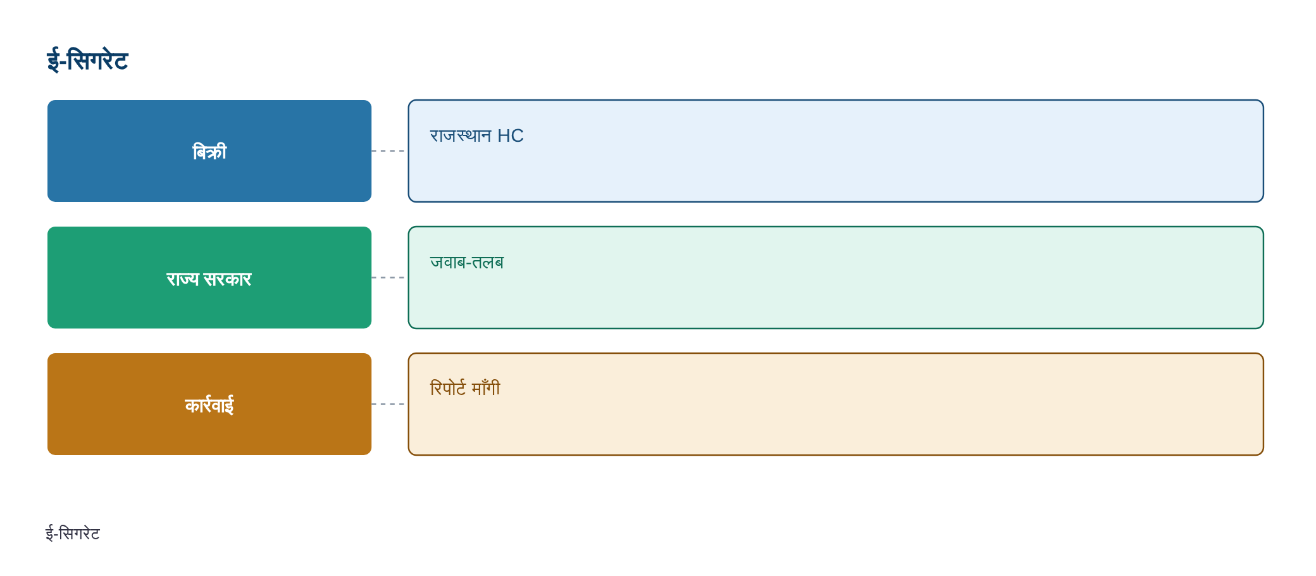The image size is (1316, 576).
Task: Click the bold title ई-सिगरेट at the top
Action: click(x=87, y=61)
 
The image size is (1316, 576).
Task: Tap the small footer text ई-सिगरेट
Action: click(x=73, y=534)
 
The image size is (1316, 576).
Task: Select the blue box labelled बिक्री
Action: click(x=209, y=151)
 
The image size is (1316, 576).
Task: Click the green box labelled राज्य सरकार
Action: click(x=209, y=277)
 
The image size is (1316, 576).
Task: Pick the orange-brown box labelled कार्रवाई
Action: click(x=209, y=404)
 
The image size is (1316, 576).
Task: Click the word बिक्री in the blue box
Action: click(x=209, y=152)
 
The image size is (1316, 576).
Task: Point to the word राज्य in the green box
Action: click(x=183, y=279)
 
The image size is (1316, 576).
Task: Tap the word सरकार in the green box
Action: click(x=228, y=279)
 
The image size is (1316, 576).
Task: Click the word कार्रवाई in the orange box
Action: click(x=209, y=405)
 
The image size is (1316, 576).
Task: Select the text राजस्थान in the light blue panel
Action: click(x=461, y=136)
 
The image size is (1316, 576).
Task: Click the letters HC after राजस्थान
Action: click(x=511, y=136)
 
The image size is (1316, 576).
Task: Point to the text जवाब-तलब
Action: click(x=467, y=262)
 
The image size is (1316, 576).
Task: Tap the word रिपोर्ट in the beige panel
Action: click(x=448, y=388)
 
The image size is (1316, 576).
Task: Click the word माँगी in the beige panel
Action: click(x=486, y=388)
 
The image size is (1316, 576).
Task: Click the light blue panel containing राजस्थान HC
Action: click(x=836, y=151)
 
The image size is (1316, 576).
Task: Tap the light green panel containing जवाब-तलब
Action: click(x=836, y=277)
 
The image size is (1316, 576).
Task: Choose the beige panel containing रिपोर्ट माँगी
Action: click(x=836, y=404)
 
